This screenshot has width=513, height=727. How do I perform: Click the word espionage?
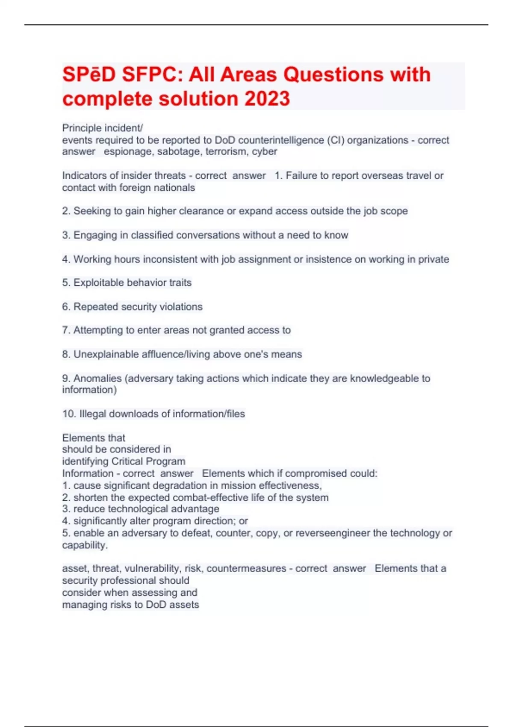(129, 151)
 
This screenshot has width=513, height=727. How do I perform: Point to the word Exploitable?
(99, 283)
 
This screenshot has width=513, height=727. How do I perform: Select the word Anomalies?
(97, 378)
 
